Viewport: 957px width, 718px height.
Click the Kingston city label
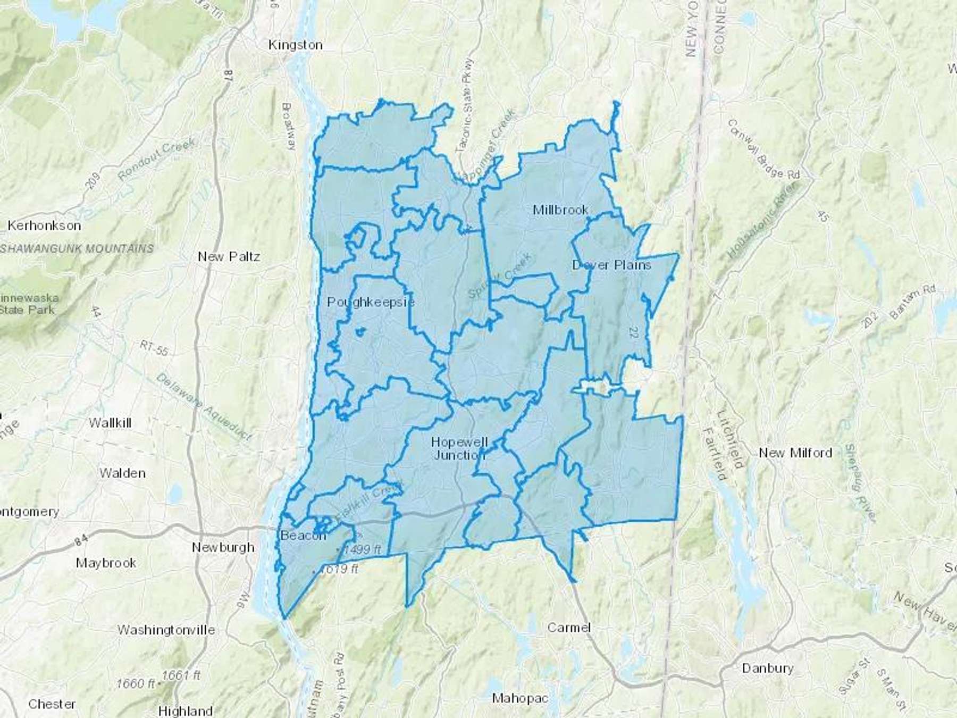(x=295, y=45)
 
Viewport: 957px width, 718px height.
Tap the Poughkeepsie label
(x=371, y=302)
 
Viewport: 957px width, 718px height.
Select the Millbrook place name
(x=560, y=210)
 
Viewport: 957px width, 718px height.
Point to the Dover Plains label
(x=611, y=265)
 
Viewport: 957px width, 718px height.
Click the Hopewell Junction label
(x=459, y=448)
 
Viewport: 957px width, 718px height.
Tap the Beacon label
(x=303, y=535)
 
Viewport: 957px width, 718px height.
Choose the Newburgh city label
(x=223, y=547)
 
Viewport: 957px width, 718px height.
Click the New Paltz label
(x=229, y=257)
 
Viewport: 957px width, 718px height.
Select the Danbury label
(x=767, y=668)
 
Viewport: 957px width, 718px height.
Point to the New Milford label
(x=795, y=453)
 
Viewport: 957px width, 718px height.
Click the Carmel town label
(x=569, y=628)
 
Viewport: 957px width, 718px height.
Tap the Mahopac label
(x=519, y=698)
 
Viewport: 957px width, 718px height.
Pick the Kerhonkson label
(x=44, y=226)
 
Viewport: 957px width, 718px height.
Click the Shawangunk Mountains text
(x=77, y=248)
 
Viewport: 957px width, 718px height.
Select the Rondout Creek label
(x=157, y=158)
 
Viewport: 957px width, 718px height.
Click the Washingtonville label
(x=166, y=630)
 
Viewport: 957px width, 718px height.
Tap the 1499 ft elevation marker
(x=362, y=549)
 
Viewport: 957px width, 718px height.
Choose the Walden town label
(x=122, y=473)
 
